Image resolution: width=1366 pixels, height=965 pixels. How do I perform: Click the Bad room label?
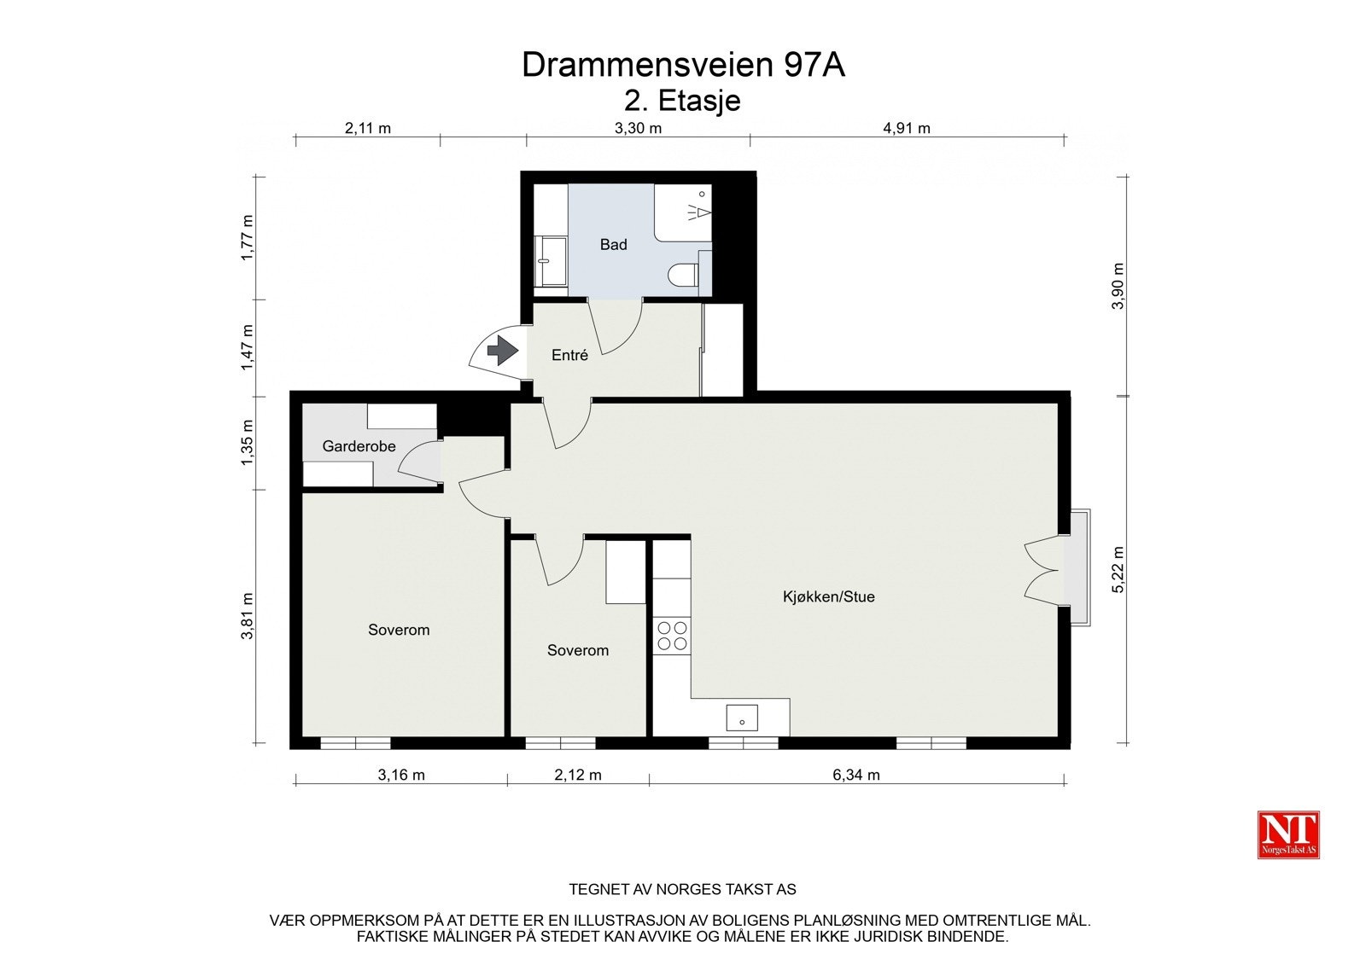pyautogui.click(x=613, y=245)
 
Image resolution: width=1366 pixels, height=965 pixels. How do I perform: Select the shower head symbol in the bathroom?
pyautogui.click(x=699, y=209)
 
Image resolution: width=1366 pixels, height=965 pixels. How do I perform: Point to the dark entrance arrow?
pyautogui.click(x=503, y=350)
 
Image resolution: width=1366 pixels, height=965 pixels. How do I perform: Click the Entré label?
pyautogui.click(x=569, y=356)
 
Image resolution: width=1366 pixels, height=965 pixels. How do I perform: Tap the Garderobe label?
pyautogui.click(x=359, y=446)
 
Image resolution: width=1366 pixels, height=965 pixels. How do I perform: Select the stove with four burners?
pyautogui.click(x=672, y=636)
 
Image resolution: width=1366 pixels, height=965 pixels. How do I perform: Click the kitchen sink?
pyautogui.click(x=742, y=718)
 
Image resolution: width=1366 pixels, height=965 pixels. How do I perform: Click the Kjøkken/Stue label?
pyautogui.click(x=828, y=597)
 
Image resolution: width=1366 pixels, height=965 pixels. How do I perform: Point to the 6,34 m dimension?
pyautogui.click(x=856, y=775)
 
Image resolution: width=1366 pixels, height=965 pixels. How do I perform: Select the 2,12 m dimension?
pyautogui.click(x=578, y=775)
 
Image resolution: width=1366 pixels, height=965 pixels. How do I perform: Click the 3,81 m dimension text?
pyautogui.click(x=248, y=615)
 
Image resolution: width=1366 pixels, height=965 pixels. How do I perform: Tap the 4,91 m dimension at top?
pyautogui.click(x=907, y=129)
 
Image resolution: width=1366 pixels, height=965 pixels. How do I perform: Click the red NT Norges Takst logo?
pyautogui.click(x=1288, y=834)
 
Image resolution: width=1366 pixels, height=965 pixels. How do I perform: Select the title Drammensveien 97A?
pyautogui.click(x=683, y=65)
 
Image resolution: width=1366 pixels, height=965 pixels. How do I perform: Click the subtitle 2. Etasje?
pyautogui.click(x=682, y=101)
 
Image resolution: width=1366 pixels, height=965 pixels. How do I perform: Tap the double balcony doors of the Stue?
pyautogui.click(x=1042, y=569)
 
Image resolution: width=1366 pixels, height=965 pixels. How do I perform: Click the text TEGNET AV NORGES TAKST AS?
pyautogui.click(x=682, y=889)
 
